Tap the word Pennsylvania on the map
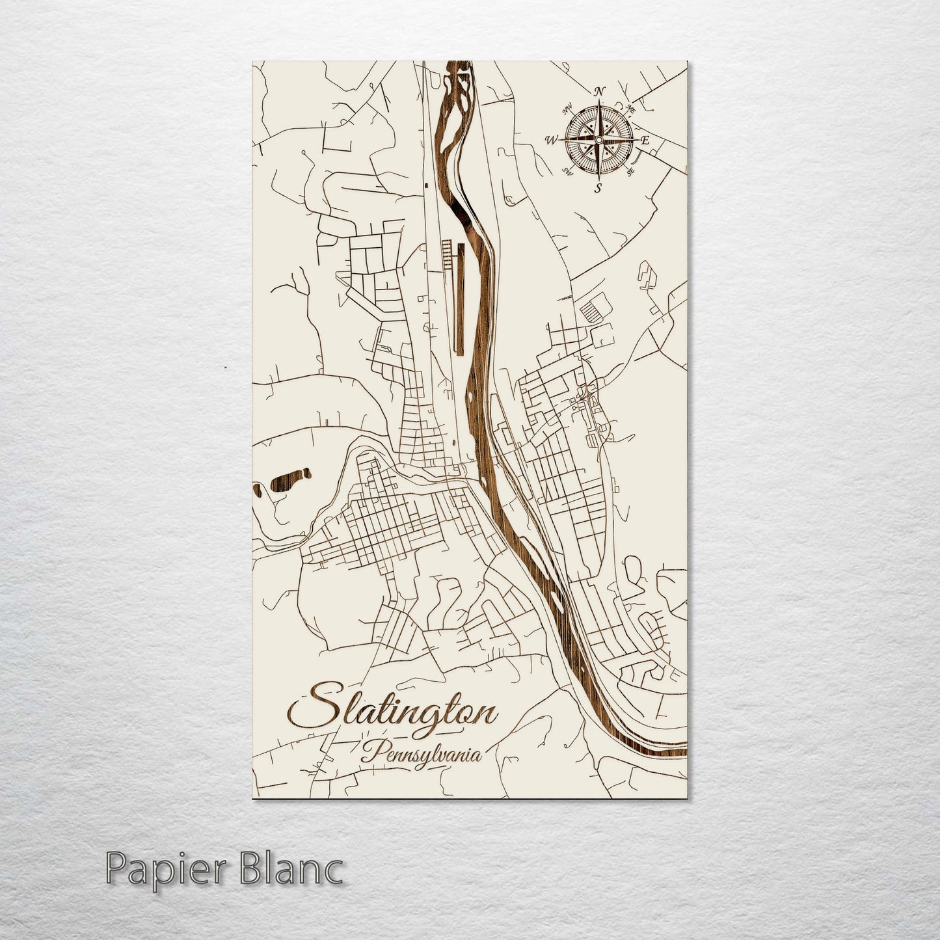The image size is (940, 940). (423, 755)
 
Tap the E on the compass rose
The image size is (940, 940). (645, 141)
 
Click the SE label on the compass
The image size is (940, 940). (630, 172)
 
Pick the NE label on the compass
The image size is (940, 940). (630, 108)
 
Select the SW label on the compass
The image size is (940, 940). (567, 172)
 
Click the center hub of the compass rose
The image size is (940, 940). (598, 139)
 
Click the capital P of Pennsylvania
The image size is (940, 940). (371, 753)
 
